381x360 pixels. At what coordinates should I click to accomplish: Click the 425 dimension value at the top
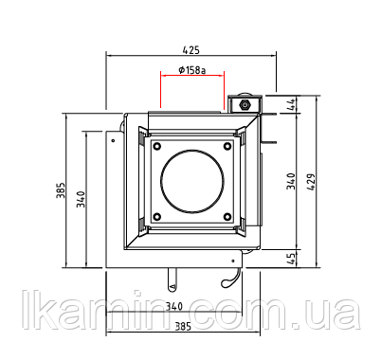(x=191, y=50)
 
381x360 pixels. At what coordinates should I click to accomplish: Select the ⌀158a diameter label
(x=191, y=70)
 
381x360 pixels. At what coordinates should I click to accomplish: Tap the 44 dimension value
(x=291, y=104)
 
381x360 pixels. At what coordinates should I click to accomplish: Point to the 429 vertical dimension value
(x=311, y=182)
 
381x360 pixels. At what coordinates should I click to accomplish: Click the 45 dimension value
(x=292, y=259)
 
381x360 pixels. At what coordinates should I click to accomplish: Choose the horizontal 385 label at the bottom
(x=183, y=327)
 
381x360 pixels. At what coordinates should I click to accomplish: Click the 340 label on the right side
(x=291, y=181)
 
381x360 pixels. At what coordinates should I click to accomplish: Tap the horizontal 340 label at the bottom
(x=174, y=306)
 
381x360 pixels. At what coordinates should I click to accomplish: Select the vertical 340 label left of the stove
(x=81, y=199)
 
